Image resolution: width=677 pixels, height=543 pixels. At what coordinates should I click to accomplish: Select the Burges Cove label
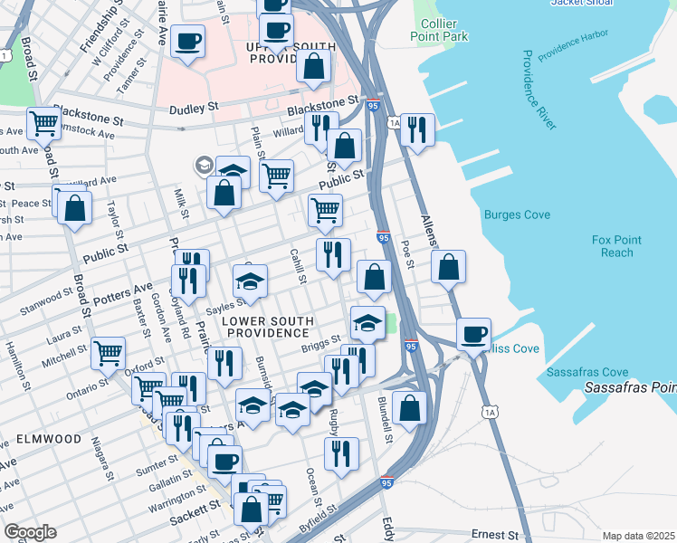[517, 214]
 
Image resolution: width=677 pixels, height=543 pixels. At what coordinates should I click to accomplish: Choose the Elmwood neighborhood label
[49, 439]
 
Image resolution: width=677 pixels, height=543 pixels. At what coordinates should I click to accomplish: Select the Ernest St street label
[494, 536]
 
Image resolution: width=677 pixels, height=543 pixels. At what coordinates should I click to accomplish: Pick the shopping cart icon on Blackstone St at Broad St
[43, 123]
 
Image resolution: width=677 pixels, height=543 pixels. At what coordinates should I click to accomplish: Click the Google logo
[30, 532]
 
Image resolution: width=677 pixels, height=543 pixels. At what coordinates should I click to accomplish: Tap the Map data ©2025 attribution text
[639, 536]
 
